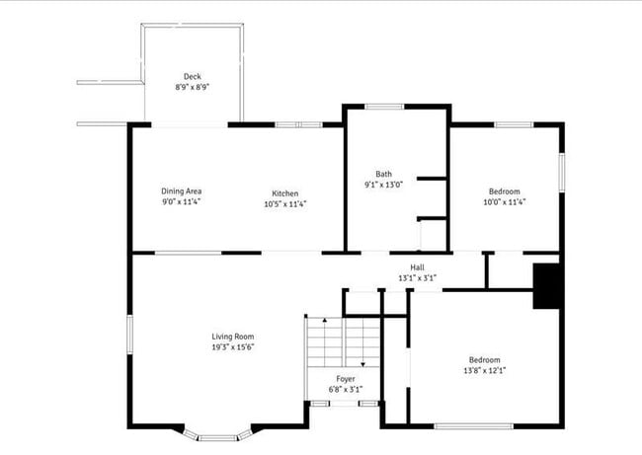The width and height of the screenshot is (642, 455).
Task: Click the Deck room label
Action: (192, 77)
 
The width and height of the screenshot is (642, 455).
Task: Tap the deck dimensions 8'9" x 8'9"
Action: (192, 87)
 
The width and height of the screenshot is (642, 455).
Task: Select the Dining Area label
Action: (181, 191)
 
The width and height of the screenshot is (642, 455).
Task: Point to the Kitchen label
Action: (285, 193)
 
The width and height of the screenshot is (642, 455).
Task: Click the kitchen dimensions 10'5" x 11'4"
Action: (285, 204)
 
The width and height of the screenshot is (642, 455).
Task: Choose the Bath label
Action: (383, 174)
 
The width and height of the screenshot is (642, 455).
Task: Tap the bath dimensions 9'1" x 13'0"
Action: (383, 185)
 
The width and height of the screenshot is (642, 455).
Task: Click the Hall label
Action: (418, 267)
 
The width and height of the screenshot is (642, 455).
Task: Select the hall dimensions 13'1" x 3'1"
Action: (418, 278)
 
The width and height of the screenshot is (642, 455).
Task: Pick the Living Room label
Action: (233, 337)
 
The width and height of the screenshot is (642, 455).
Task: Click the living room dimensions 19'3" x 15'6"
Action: (233, 347)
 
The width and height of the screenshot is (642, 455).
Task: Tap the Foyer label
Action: (345, 378)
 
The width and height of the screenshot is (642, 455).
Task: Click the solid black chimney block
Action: (546, 286)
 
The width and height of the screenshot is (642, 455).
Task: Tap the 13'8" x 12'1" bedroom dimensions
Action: (484, 371)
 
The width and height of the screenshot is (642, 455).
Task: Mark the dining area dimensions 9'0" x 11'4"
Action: (181, 202)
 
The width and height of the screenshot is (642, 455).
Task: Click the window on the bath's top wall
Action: (383, 106)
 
